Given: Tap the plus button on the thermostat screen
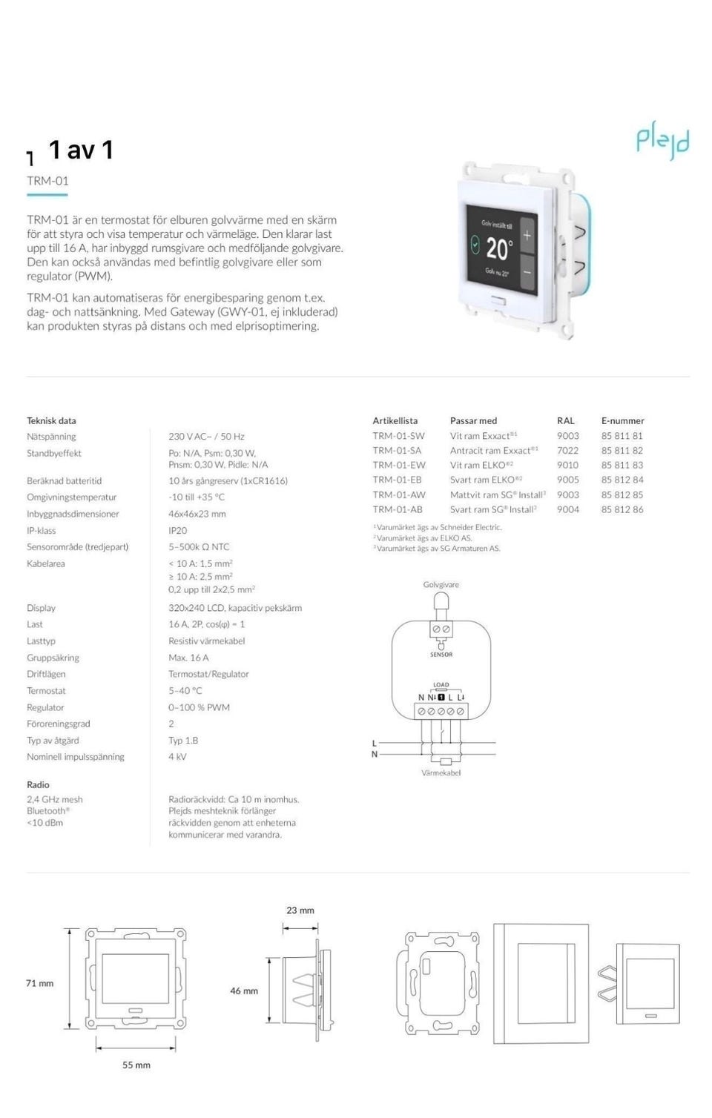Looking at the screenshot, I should pyautogui.click(x=527, y=236).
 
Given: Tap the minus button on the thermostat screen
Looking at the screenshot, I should pyautogui.click(x=527, y=272).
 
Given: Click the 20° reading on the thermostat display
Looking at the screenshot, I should pyautogui.click(x=499, y=248).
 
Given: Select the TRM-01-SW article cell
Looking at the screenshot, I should pyautogui.click(x=398, y=436).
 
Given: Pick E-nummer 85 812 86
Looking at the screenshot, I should pyautogui.click(x=622, y=509).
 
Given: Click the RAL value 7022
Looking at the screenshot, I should pyautogui.click(x=567, y=450).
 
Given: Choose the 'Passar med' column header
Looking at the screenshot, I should pyautogui.click(x=473, y=420).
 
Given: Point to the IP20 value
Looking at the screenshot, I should pyautogui.click(x=177, y=530).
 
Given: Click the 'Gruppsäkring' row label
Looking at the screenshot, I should pyautogui.click(x=53, y=658).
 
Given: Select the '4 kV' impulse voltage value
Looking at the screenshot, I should pyautogui.click(x=177, y=757).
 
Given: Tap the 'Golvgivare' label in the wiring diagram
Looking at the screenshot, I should pyautogui.click(x=441, y=584).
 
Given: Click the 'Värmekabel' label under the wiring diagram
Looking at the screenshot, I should pyautogui.click(x=441, y=773).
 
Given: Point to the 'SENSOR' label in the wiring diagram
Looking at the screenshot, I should pyautogui.click(x=441, y=655).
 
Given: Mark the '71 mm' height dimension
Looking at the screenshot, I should pyautogui.click(x=40, y=983).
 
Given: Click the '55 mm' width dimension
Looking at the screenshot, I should pyautogui.click(x=136, y=1065).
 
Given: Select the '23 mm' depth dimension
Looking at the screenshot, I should pyautogui.click(x=300, y=910).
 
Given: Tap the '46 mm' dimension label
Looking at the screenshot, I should pyautogui.click(x=244, y=990).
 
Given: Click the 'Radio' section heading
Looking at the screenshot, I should pyautogui.click(x=38, y=784).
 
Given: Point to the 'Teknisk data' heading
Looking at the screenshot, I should pyautogui.click(x=51, y=420).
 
